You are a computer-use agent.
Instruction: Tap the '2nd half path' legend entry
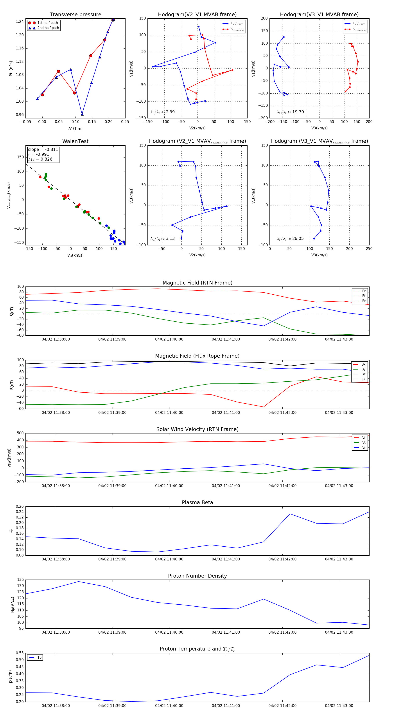coord(48,28)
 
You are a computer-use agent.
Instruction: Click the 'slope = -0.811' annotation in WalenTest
coord(43,149)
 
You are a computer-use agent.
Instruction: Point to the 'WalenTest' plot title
coord(75,141)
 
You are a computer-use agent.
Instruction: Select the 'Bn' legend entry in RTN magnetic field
coord(364,301)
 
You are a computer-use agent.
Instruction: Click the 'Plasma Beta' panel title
coord(197,502)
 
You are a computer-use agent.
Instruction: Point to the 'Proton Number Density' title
coord(197,576)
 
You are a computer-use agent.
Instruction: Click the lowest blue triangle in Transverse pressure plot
coord(82,114)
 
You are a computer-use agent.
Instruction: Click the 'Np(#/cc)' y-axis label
coord(12,604)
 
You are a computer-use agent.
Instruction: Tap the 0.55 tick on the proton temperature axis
coord(20,653)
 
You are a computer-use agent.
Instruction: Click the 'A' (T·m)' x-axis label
coord(75,128)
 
